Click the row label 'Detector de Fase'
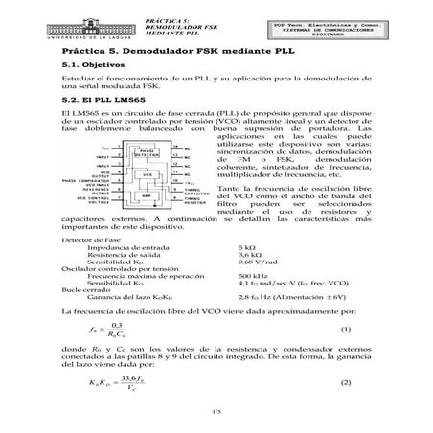(x=84, y=239)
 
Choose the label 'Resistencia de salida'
(x=122, y=255)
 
